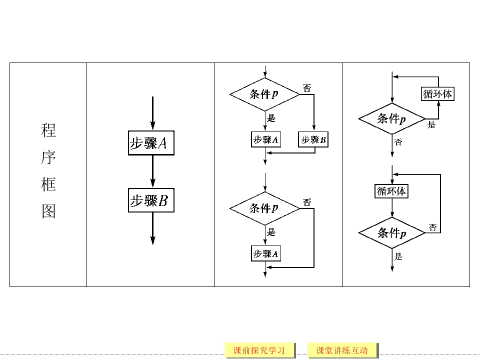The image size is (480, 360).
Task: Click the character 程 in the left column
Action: coord(48,131)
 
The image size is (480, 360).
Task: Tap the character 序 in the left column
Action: coord(48,158)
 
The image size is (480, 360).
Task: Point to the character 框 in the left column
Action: coord(48,185)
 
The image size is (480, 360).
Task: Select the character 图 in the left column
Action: coord(48,212)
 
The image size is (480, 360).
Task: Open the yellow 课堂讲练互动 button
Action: coord(342,350)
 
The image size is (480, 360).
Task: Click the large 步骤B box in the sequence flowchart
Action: coord(151,200)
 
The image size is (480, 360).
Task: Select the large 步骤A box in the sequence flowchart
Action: coord(151,143)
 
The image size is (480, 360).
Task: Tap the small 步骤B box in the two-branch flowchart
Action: coord(313,139)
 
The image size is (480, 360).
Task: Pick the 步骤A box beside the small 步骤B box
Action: coord(265,139)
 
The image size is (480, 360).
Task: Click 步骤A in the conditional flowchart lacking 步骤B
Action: coord(265,253)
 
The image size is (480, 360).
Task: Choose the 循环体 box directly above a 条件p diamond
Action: coord(391,191)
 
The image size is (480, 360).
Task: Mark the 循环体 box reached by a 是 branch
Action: coord(438,94)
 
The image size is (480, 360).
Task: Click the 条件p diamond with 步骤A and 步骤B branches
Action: coord(264,93)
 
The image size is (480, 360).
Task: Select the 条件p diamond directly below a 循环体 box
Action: coord(391,233)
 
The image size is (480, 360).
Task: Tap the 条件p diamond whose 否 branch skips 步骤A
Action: coord(264,208)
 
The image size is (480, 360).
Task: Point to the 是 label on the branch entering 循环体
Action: coord(431,125)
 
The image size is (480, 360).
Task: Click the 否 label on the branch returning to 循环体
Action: coord(433,227)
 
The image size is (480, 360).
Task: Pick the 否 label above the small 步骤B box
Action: coord(307,88)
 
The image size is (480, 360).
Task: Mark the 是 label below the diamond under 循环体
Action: coord(398,256)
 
